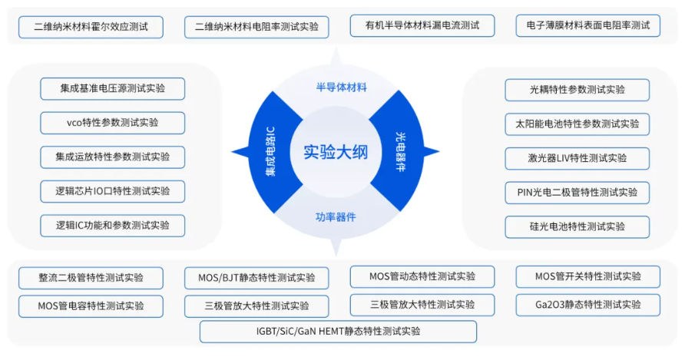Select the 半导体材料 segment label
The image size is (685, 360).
342,86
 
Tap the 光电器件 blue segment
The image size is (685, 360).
400,150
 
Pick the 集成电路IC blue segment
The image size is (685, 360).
271,151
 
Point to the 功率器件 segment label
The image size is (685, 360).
336,216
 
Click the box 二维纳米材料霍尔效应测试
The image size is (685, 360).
91,26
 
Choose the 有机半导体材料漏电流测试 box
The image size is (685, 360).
422,26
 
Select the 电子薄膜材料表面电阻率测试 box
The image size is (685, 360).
587,26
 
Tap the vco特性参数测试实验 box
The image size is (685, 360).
112,123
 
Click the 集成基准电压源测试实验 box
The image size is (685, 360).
112,88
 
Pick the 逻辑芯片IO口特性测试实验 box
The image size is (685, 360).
112,191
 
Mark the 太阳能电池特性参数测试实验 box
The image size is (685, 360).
577,124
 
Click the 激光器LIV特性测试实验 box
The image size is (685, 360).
577,158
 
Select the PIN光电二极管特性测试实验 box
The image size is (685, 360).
577,193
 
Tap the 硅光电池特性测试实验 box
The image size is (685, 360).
577,226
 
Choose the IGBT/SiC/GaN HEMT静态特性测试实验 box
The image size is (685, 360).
338,332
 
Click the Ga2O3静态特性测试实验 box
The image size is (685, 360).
587,305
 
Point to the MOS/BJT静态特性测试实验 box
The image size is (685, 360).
256,278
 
